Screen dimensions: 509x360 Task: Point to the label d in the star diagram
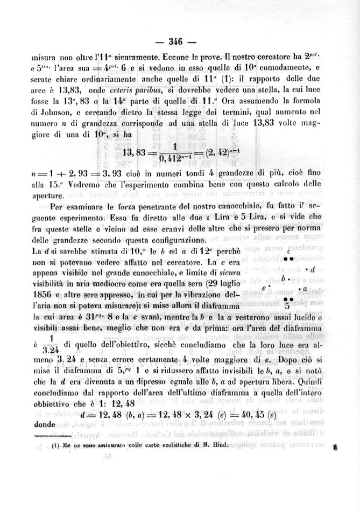(312, 269)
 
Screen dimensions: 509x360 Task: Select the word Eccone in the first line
(150, 57)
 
